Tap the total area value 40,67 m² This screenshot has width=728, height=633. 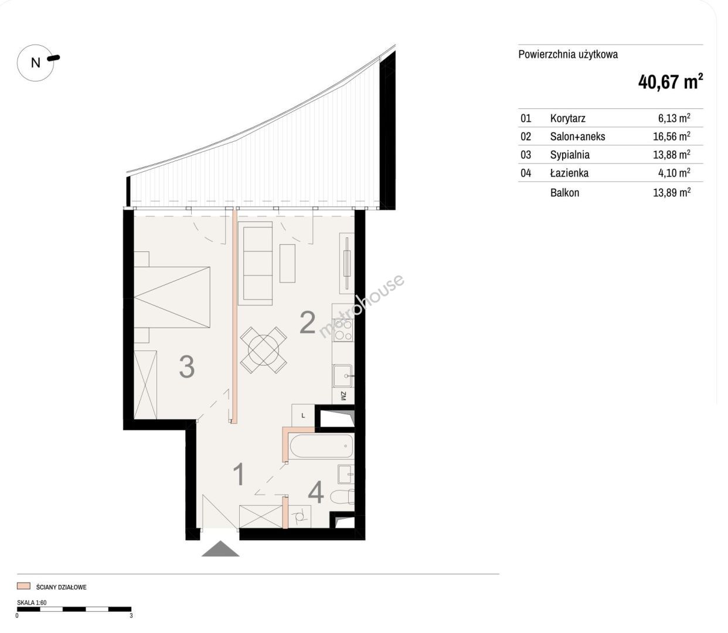(671, 83)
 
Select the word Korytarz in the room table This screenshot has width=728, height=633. (567, 118)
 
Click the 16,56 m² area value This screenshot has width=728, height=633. (671, 137)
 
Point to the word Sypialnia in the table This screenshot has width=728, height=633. (570, 155)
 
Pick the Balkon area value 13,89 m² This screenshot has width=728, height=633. (671, 192)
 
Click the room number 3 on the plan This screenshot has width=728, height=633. (186, 367)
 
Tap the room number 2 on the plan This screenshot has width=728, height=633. (307, 323)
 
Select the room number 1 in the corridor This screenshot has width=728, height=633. (239, 474)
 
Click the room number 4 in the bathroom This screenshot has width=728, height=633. (316, 492)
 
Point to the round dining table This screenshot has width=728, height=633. (264, 350)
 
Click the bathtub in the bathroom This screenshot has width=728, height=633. (321, 446)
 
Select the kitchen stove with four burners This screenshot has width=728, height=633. (343, 330)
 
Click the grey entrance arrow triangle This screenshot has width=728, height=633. (220, 549)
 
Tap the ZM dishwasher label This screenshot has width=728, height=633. (343, 396)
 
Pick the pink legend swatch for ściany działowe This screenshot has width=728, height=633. (23, 586)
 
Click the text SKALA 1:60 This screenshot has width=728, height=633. (32, 603)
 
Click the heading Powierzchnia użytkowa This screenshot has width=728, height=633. (568, 55)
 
